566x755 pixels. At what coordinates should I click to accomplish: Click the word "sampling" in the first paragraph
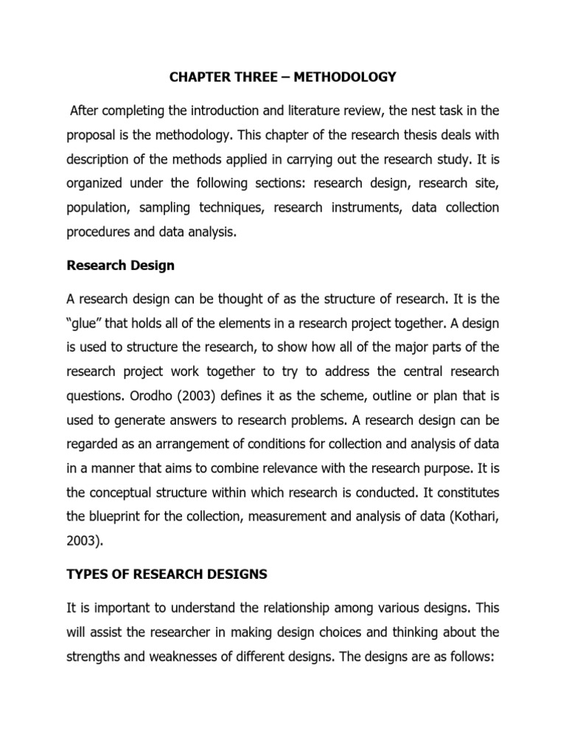coord(153,208)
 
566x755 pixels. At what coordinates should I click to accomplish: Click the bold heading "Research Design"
coord(121,265)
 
